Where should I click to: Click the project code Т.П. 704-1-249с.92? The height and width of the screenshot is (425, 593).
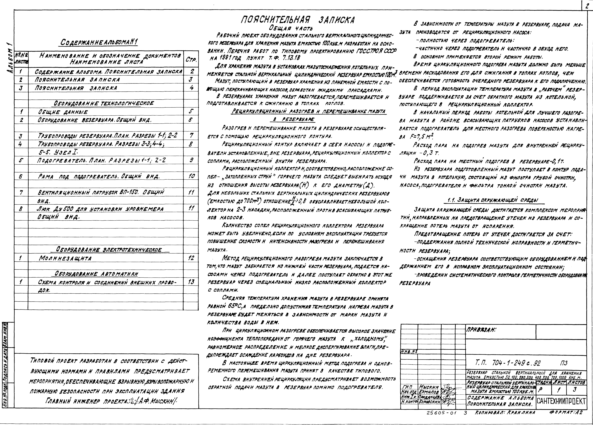click(507, 363)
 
